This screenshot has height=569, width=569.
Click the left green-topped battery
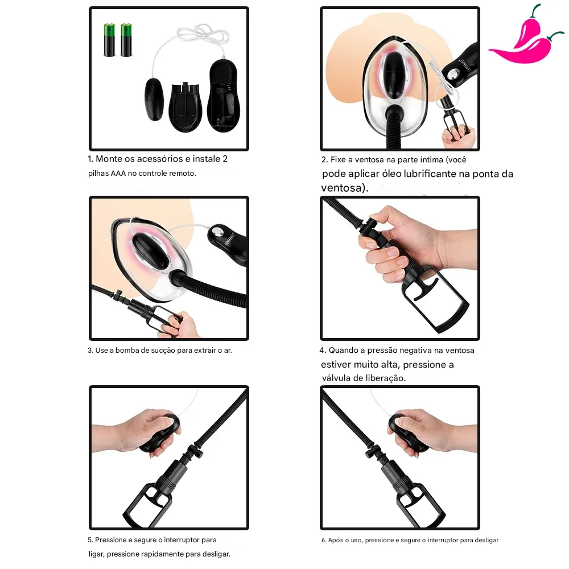coord(109,40)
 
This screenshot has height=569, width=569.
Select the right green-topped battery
coord(126,40)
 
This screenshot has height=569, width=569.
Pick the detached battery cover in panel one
coord(185,107)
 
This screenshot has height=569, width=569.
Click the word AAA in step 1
coord(118,174)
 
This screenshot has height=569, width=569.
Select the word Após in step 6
coord(335,541)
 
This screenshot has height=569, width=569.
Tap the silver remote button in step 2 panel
coord(451,75)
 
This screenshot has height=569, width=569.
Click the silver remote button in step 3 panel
coord(218,233)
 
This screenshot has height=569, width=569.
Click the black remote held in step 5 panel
coord(162,432)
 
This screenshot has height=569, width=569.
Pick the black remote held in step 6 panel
coord(406,432)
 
